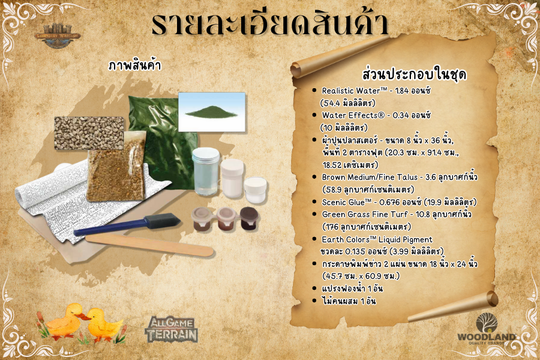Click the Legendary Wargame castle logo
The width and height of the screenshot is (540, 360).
click(x=58, y=35)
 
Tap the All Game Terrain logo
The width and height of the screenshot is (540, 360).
click(x=172, y=329)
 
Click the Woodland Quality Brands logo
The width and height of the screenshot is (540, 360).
click(x=486, y=329)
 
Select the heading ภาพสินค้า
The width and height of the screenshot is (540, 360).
click(x=134, y=65)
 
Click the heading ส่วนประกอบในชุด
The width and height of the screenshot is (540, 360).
click(x=414, y=74)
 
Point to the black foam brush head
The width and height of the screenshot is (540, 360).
click(x=162, y=220)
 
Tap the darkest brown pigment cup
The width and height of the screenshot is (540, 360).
click(x=249, y=218)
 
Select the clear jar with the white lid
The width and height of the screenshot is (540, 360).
click(x=206, y=172)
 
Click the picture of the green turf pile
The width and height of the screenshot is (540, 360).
click(x=212, y=112)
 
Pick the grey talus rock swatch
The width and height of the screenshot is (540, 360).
click(x=89, y=133)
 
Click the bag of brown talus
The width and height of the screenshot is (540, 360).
click(x=116, y=166)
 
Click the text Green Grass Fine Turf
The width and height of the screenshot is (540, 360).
click(x=365, y=215)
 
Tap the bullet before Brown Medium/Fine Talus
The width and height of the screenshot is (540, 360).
click(x=314, y=177)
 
